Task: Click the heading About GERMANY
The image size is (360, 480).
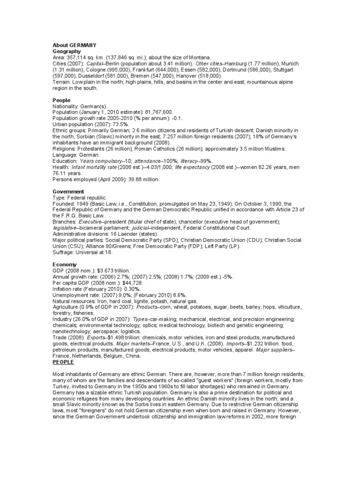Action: tap(75, 45)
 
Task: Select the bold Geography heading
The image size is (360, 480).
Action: tap(67, 51)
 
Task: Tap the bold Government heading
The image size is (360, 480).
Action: tap(68, 192)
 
